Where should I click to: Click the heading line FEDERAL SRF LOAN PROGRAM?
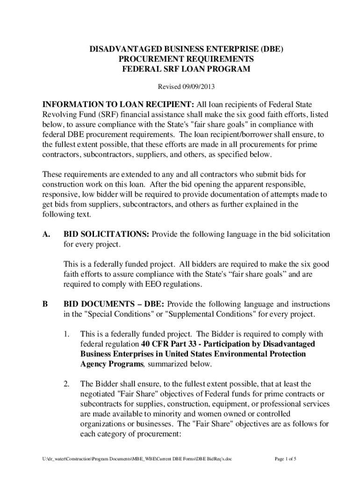pyautogui.click(x=180, y=69)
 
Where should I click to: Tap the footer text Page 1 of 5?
pyautogui.click(x=285, y=459)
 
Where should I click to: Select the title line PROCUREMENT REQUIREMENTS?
pyautogui.click(x=180, y=59)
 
